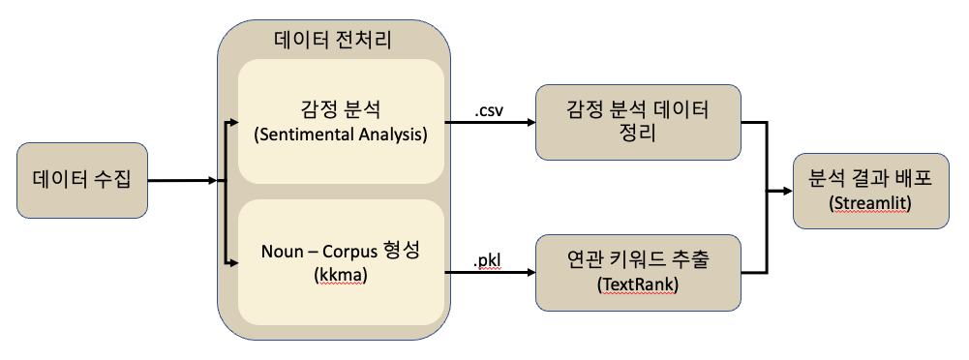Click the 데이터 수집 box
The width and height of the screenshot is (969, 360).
(x=82, y=180)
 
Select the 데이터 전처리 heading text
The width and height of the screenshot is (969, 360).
(x=334, y=40)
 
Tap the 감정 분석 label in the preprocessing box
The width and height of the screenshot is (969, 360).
(x=340, y=108)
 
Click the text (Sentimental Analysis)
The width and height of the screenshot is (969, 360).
(x=340, y=135)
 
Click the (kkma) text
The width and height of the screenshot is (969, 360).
(x=340, y=275)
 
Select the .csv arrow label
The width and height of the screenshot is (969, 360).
(x=490, y=110)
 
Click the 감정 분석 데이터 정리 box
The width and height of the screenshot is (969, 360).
(x=638, y=123)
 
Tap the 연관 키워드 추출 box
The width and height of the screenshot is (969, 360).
(x=638, y=273)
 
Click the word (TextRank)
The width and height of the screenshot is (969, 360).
(x=638, y=286)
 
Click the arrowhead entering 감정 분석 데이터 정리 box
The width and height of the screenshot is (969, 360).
(x=530, y=124)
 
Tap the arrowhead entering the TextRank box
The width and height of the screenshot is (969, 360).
(x=530, y=274)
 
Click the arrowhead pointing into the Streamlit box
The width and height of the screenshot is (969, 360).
(x=788, y=191)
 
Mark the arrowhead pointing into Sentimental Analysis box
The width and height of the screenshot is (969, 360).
(x=232, y=124)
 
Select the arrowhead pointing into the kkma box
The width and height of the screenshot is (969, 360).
(x=232, y=260)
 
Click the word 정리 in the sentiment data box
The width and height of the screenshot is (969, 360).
(x=638, y=135)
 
